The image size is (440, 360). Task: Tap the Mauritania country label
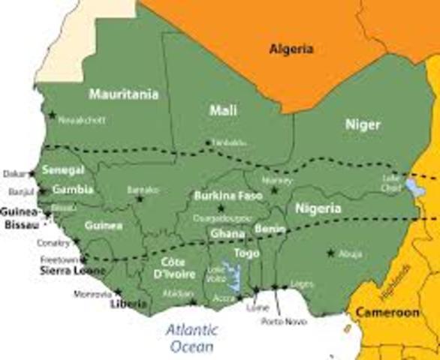[x=124, y=94]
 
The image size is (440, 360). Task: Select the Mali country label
[x=223, y=110]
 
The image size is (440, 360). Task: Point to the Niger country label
[x=363, y=124]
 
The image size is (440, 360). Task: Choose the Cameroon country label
[x=387, y=312]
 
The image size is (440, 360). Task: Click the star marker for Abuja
[x=330, y=253]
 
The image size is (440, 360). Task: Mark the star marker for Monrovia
[x=118, y=292]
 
